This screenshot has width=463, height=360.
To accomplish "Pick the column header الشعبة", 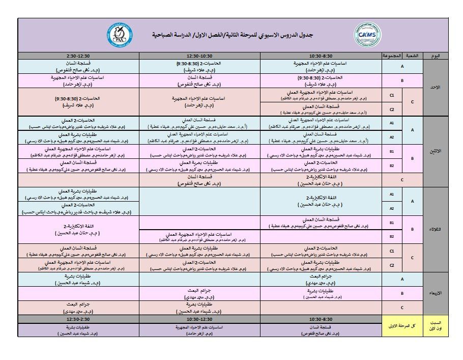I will [x=412, y=55].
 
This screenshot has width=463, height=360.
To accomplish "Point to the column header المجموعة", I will [x=392, y=55].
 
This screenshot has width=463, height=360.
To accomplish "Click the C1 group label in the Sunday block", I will [x=392, y=95].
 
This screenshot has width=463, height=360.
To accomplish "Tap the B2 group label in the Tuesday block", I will [x=392, y=237].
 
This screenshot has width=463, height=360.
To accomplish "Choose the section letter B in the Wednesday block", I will [x=402, y=293].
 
